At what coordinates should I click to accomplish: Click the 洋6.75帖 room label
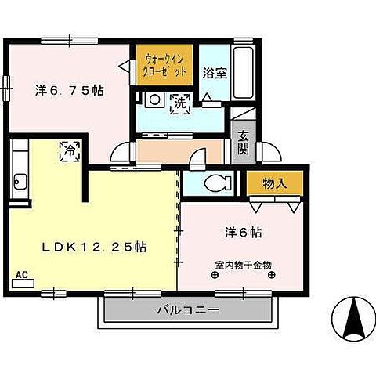click(70, 89)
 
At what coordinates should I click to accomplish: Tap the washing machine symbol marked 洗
click(180, 102)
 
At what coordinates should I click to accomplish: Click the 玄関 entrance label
click(243, 141)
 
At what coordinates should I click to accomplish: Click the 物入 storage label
click(273, 183)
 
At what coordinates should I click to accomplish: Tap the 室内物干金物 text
click(242, 265)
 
